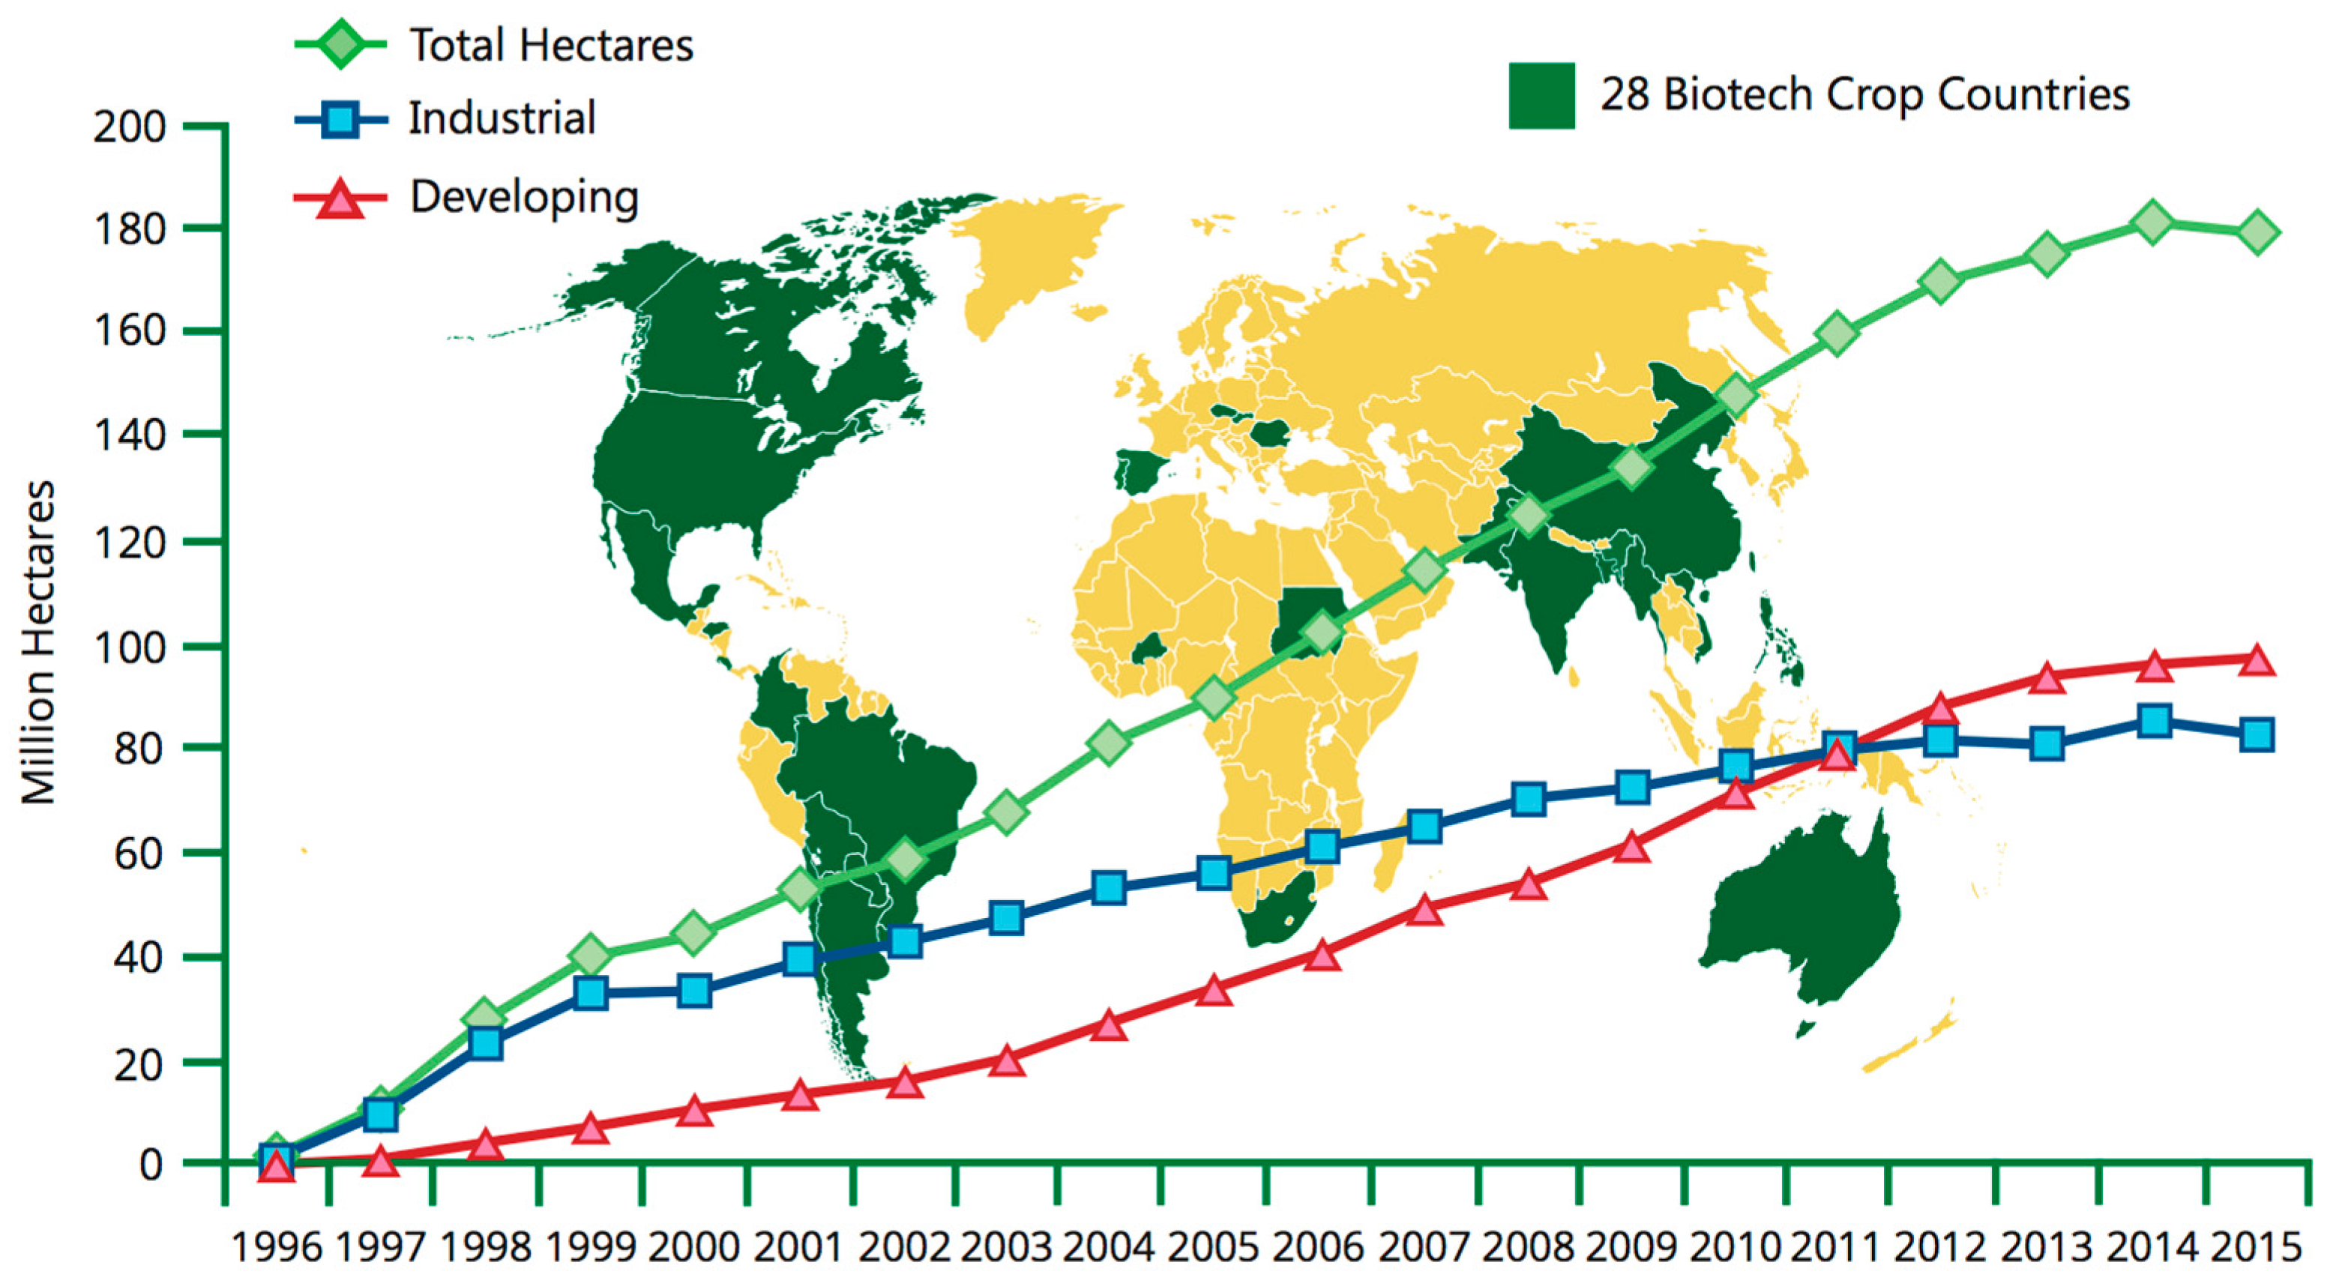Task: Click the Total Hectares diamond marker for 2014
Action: [2153, 222]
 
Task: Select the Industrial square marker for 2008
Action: [1529, 799]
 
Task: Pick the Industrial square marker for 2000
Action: [695, 991]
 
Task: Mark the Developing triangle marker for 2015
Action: [2257, 661]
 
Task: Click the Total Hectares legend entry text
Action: [551, 45]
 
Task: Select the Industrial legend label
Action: [502, 118]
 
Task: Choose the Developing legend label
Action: [524, 196]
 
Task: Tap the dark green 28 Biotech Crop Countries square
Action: [1541, 95]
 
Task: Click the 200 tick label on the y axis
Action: [130, 127]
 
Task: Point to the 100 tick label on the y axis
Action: [130, 647]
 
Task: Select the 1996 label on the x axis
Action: [277, 1247]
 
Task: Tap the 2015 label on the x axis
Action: [2257, 1247]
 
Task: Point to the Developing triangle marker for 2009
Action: [1632, 848]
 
